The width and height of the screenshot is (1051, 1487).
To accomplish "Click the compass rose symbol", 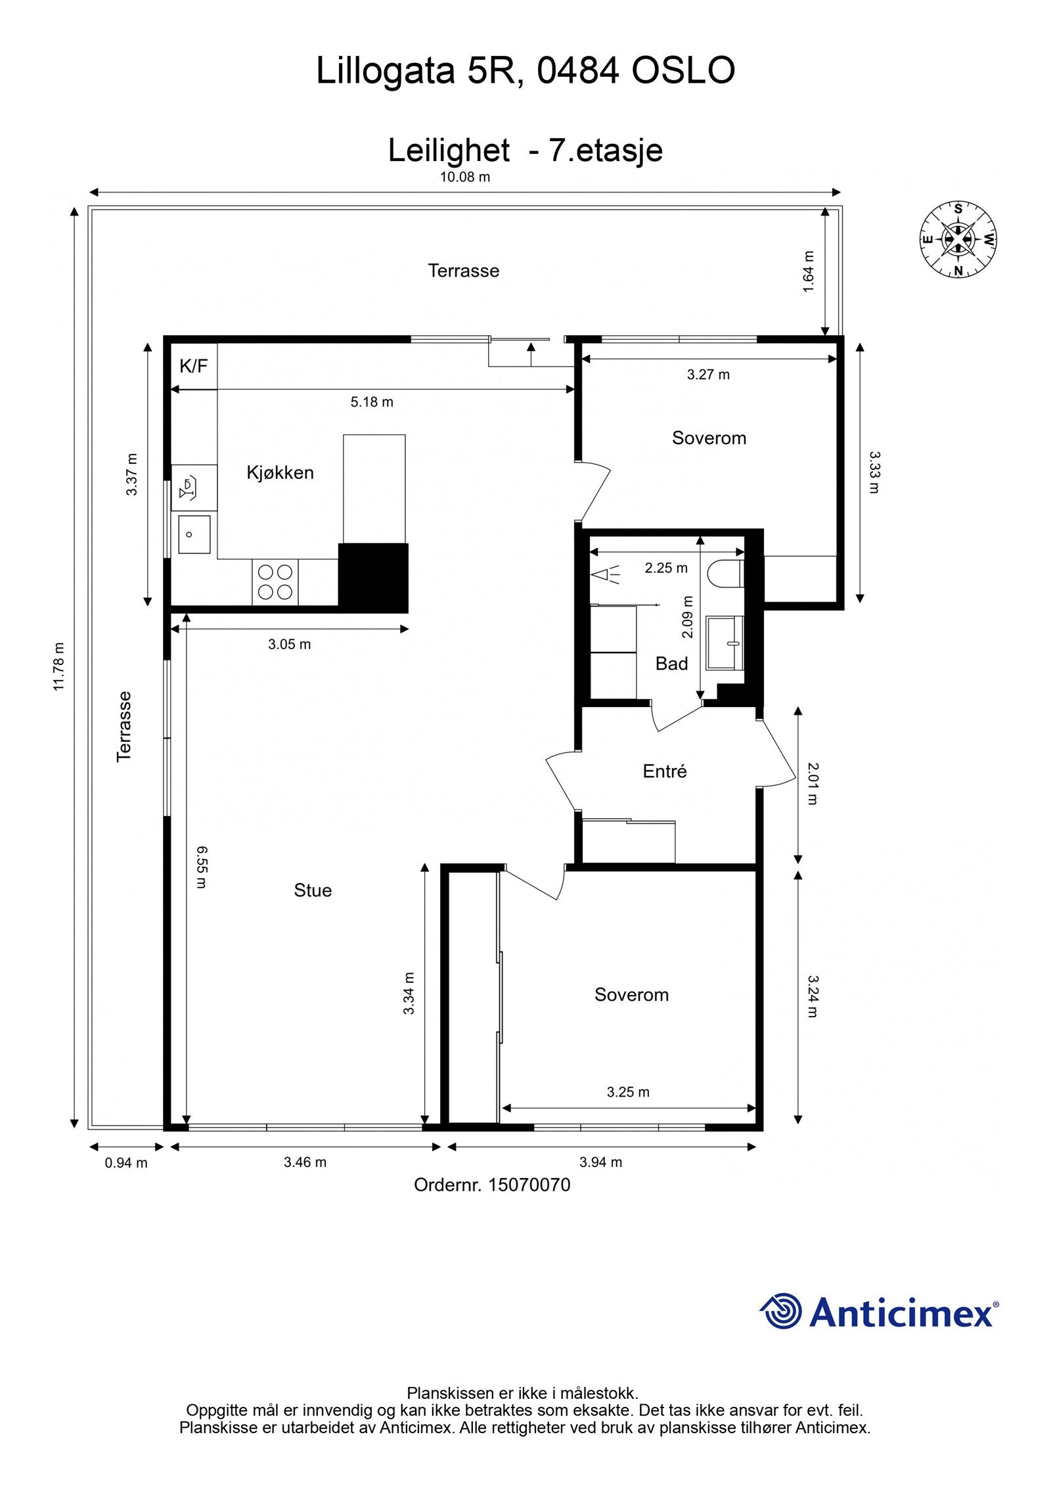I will point(958,239).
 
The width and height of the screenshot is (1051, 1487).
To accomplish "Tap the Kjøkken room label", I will point(280,472).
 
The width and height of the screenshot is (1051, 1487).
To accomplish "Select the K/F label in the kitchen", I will point(193,366).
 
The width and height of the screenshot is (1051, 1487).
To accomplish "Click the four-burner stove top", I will point(275,582).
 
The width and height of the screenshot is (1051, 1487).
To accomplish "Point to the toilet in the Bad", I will point(725,572).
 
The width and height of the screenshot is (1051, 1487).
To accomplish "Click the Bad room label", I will point(671,664).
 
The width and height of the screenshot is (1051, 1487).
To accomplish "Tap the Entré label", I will point(664,771).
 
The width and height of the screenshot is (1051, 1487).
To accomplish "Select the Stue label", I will point(313,890).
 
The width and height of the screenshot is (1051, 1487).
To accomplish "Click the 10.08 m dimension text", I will point(465,177).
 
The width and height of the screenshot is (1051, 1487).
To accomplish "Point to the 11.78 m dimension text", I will point(60,666).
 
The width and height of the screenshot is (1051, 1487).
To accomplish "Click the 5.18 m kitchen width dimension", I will point(372,402).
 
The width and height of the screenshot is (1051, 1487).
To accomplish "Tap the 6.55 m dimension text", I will point(202,867).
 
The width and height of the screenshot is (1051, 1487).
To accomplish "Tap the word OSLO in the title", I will point(683,71).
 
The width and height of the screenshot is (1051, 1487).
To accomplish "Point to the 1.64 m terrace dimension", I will point(809,271).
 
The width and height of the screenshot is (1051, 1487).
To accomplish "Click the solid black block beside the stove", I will point(372,577).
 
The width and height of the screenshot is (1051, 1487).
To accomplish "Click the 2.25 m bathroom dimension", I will point(666,568).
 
